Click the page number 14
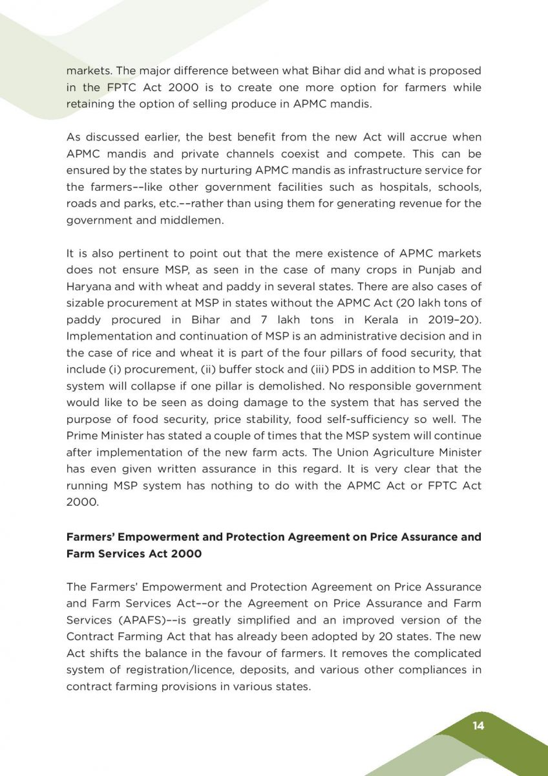click(x=478, y=725)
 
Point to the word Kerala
click(x=376, y=319)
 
